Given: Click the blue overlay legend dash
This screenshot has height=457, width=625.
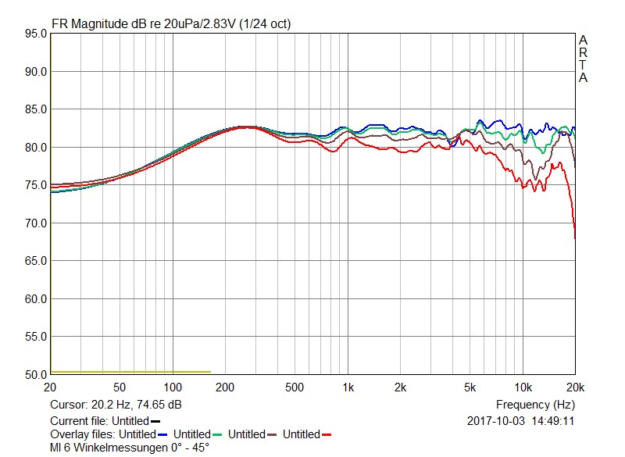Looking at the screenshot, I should (x=162, y=434).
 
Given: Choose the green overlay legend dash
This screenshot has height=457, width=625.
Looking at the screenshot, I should (x=218, y=434).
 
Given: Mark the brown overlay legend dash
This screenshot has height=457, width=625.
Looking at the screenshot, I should (x=272, y=434).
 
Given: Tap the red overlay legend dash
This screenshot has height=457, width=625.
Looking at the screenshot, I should (x=327, y=434).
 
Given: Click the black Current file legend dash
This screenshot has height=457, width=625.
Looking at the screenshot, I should (x=155, y=421).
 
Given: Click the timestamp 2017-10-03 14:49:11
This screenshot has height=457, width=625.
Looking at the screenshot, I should (x=520, y=420).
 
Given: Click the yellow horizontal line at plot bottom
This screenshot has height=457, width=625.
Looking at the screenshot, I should (x=130, y=372).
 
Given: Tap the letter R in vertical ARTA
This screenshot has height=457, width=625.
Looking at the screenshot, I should (x=583, y=53).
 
